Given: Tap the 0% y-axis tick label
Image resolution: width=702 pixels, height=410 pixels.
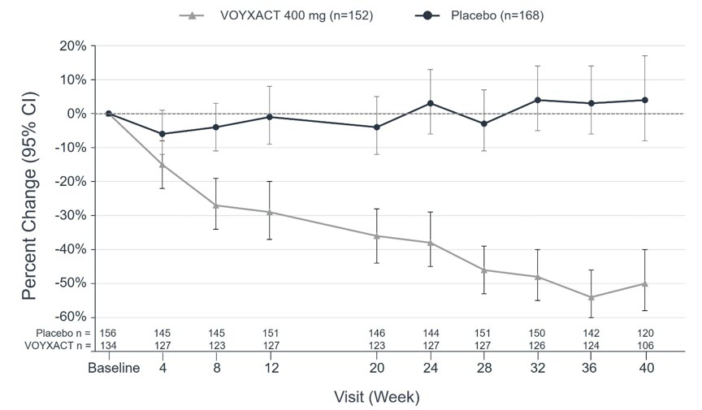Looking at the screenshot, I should point(77,114).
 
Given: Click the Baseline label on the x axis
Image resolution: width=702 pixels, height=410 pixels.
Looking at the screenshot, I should point(114,368).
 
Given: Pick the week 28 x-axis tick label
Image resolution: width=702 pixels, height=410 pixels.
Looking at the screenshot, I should point(484,368).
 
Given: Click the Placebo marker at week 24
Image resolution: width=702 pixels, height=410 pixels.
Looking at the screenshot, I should point(431,103).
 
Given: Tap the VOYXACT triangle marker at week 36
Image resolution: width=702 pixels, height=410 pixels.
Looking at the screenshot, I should point(591,297).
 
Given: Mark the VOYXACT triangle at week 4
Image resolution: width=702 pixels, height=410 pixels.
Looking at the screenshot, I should point(162,165).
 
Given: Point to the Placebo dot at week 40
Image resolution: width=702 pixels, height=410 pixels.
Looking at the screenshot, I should point(645,100).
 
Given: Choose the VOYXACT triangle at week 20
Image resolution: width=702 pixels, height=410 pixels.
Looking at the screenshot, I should point(377,235).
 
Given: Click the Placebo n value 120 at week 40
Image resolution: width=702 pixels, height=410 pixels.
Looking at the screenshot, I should point(645,334).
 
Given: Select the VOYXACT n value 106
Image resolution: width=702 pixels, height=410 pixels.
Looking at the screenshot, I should point(645,346).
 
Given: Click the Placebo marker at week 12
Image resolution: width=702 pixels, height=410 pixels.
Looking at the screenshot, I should point(270,117).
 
